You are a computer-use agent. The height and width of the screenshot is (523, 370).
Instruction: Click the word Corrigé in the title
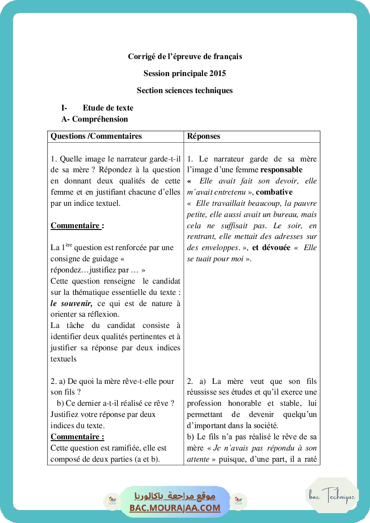(x=140, y=57)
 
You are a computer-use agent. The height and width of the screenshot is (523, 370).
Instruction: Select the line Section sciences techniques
(x=185, y=90)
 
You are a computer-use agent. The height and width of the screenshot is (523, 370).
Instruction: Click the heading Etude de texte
(x=108, y=108)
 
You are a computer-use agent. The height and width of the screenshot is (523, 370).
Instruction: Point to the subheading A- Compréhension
(x=94, y=119)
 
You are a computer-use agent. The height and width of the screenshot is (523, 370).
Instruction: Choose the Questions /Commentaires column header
(x=96, y=136)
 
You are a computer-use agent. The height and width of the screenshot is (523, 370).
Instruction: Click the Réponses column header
(x=204, y=136)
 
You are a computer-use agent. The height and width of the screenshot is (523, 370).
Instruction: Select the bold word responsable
(x=281, y=170)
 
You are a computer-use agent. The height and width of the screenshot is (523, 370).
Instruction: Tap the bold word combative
(x=274, y=192)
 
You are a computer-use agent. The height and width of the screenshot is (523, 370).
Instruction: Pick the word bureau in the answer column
(x=294, y=214)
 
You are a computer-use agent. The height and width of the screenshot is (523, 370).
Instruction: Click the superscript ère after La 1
(x=68, y=245)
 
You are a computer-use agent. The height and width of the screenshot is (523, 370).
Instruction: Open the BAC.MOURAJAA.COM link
(x=175, y=508)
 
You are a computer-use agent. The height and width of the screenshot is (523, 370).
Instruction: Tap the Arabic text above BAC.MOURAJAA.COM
(x=175, y=496)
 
